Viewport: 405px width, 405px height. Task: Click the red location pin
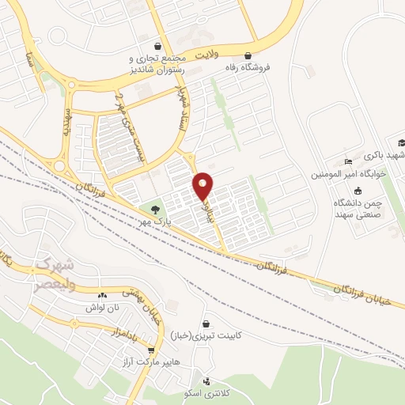(203, 185)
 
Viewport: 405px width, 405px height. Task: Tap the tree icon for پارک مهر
(155, 210)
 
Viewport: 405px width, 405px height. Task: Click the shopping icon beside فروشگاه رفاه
(250, 55)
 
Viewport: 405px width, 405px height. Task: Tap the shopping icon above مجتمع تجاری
(159, 45)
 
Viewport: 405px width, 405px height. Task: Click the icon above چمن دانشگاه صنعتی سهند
(358, 191)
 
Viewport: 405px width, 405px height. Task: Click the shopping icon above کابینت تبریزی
(206, 324)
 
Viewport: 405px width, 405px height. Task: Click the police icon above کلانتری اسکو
(206, 381)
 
